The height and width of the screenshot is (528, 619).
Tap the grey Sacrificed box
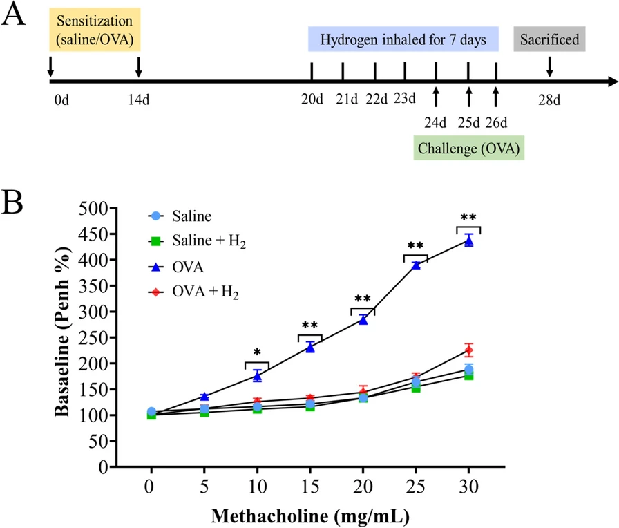[550, 39]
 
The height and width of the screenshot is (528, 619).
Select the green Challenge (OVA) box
[468, 148]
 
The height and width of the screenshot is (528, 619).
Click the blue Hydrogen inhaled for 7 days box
[403, 39]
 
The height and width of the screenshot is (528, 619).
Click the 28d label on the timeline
[550, 101]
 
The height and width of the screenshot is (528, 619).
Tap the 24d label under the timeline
[436, 124]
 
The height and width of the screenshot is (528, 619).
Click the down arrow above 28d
[550, 66]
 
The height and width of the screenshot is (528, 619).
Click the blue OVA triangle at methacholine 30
[468, 241]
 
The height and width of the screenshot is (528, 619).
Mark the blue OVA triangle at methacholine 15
[310, 348]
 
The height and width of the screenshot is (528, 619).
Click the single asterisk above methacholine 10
[257, 352]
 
